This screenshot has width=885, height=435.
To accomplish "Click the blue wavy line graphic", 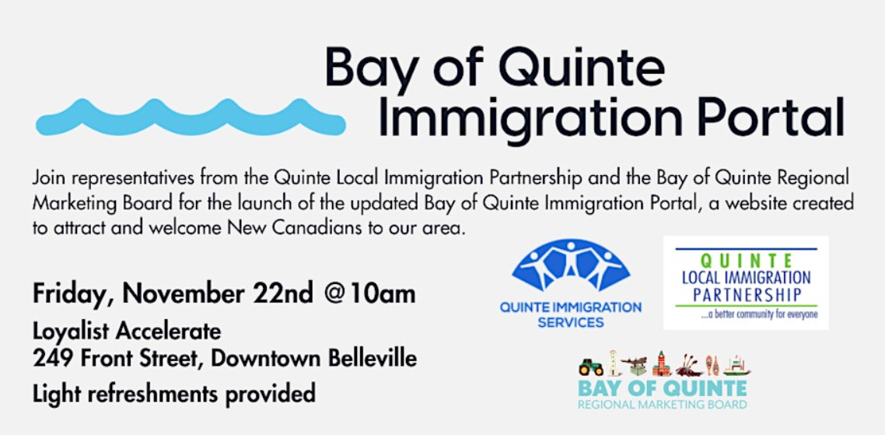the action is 191,118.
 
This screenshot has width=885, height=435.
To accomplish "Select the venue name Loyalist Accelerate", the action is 127,332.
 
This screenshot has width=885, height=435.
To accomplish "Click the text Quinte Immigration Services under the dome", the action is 570,315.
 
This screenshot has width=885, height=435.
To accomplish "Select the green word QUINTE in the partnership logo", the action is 746,261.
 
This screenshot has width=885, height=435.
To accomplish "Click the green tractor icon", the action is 589,367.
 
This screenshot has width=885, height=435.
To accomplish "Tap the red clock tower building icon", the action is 662,364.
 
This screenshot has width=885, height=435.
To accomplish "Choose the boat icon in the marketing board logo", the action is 736,367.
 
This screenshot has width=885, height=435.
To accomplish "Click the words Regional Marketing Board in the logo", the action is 663,405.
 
